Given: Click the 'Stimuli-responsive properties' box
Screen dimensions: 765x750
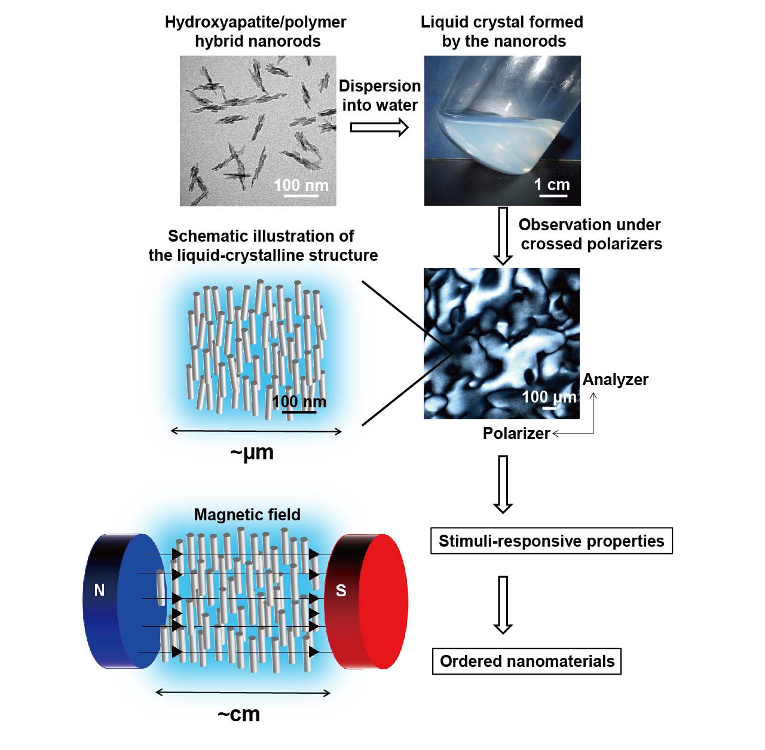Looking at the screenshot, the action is pos(552,541).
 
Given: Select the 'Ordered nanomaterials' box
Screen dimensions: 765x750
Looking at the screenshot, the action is pos(527,661).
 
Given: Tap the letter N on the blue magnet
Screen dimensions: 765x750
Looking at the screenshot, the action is pos(99,590).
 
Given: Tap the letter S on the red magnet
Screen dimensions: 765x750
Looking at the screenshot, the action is pos(341,591).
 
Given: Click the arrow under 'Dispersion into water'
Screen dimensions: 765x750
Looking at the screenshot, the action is pos(379,127).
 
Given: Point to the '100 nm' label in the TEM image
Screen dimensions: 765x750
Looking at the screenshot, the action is pos(301,185).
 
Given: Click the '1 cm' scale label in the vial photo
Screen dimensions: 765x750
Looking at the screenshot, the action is pos(552,184).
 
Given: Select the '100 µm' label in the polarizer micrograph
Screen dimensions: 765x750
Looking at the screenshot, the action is pos(549,397).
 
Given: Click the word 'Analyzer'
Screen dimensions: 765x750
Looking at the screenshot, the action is pos(616,380).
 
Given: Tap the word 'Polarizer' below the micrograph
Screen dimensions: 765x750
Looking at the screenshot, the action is pos(516,433).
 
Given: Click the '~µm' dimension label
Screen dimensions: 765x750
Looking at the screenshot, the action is pos(252,453).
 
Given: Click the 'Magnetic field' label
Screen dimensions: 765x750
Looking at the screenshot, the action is pos(247,515).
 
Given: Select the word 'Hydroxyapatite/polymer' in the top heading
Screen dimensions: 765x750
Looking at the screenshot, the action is pos(256,22).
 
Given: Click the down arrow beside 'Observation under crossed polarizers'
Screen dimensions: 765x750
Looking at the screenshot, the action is pos(503,236).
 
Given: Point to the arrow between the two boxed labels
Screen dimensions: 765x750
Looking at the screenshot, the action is pos(503,605).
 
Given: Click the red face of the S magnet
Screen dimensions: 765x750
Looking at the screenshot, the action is pos(384,601).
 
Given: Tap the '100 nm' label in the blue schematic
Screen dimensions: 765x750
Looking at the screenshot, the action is pos(299,402).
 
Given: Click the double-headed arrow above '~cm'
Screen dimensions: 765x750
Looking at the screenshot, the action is pos(243,693).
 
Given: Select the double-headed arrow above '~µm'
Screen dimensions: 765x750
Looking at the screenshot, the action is pos(256,431).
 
